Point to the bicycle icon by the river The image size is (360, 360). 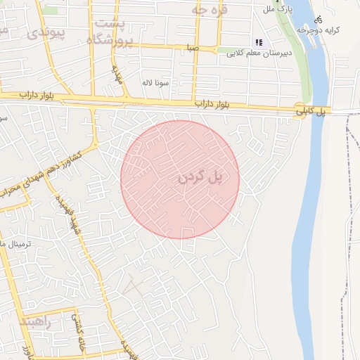[x=321, y=20]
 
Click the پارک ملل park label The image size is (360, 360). [x=276, y=9]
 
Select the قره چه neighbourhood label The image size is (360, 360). [x=210, y=10]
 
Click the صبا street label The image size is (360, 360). [x=191, y=49]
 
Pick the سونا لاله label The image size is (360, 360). [x=157, y=82]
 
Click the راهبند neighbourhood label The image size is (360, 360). [x=36, y=321]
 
